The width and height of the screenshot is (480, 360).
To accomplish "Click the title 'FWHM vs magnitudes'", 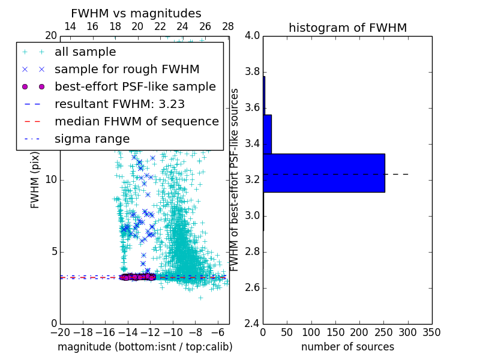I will coord(136,13).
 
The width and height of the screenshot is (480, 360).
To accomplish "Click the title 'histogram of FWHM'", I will coord(347,28).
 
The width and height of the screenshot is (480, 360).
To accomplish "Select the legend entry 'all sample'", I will coord(85,52).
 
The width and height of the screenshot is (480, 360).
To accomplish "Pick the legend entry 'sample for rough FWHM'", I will coord(127,69).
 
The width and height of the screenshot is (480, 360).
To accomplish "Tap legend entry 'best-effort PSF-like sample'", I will coord(135,86).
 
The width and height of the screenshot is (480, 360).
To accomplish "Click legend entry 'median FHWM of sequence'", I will coord(136,121).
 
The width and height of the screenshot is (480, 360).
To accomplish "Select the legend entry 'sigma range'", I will coord(92,139).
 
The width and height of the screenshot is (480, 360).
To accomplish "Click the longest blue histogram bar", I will coord(324,173).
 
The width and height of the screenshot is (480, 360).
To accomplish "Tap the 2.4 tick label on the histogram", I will coord(252,323).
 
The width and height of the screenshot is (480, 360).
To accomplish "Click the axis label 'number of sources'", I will coord(347,347).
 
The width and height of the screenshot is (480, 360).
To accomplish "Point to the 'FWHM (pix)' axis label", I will coord(35,179).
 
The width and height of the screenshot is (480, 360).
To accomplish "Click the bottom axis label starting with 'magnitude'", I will coord(145,347).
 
